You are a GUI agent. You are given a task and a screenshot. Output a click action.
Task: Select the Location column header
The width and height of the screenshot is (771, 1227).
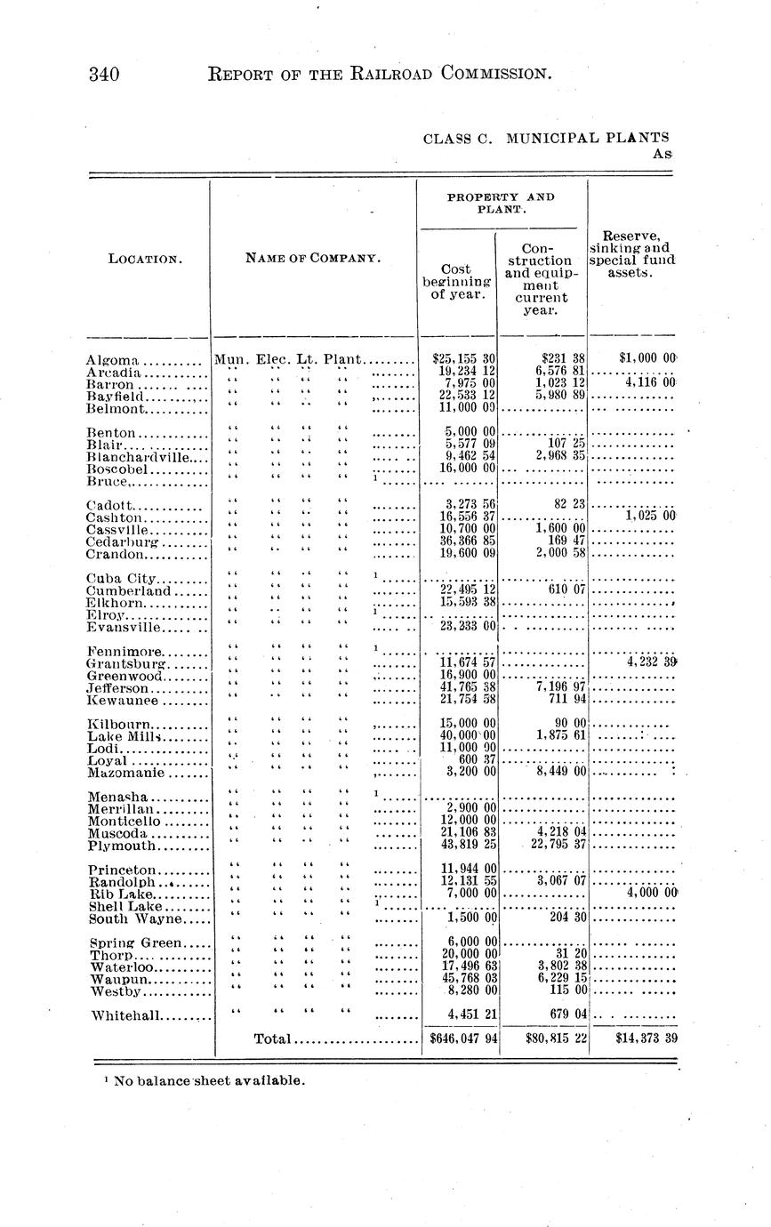[145, 259]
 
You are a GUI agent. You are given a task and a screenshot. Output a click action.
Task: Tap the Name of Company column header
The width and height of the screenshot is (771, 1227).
[313, 259]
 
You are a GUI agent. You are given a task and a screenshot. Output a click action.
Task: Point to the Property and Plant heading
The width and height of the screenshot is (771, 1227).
[501, 202]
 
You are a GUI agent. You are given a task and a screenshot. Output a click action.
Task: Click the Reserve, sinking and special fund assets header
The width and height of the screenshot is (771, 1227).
[631, 254]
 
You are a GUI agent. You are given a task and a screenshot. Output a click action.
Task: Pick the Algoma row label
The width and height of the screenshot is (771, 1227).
[112, 360]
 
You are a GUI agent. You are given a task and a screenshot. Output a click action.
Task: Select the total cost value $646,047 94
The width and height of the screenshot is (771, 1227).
[462, 1038]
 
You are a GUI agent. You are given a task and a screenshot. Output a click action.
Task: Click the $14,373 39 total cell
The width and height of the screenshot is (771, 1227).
[634, 1038]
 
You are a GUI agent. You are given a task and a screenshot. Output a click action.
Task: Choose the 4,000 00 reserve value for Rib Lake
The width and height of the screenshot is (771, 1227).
[652, 892]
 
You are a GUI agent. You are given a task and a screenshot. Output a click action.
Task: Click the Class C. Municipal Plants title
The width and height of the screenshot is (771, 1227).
[545, 138]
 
